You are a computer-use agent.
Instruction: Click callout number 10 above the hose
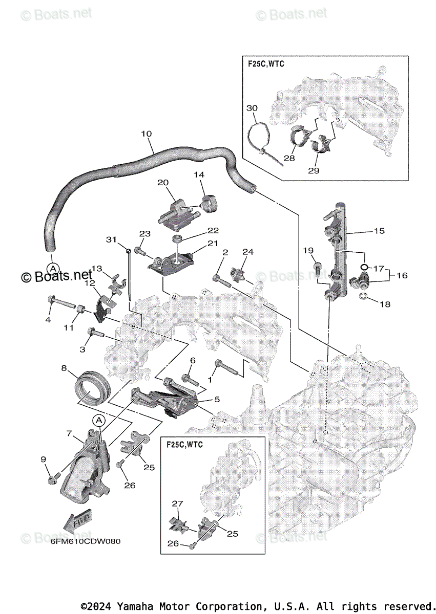146,134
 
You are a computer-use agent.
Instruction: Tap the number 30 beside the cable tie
252,108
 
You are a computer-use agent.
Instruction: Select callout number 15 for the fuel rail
379,231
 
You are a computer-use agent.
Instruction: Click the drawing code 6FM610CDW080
86,541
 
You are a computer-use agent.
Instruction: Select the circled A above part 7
99,421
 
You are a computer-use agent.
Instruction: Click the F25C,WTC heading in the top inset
263,64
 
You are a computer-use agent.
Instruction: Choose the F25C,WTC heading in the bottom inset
184,444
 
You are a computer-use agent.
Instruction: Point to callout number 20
163,182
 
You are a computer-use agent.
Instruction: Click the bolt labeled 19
318,266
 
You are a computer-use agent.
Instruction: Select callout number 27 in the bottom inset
177,503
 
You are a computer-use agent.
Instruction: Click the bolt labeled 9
52,479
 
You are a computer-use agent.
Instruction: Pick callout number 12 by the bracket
89,282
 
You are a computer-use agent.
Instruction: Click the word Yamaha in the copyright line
132,606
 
